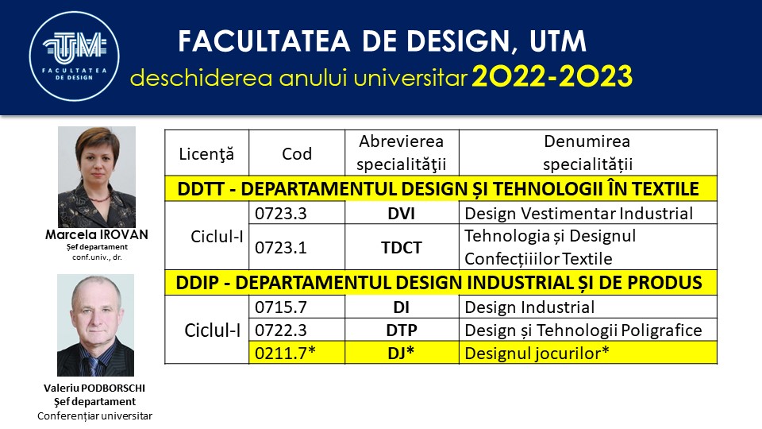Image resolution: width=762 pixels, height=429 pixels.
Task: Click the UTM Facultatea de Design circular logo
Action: click(75, 56)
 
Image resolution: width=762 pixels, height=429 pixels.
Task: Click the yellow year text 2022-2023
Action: click(552, 76)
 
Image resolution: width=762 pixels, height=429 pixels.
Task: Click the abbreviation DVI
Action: click(402, 214)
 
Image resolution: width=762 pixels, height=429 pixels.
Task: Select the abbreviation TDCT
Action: click(402, 248)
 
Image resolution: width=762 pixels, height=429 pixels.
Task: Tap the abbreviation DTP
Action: click(402, 330)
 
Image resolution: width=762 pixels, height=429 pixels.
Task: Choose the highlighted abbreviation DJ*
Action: click(401, 353)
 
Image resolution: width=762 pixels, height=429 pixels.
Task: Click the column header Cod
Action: click(297, 153)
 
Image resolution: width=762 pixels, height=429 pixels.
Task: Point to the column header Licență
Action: click(206, 154)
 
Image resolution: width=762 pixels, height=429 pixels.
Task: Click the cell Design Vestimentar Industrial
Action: click(579, 214)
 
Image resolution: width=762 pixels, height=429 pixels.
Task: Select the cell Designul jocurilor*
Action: click(537, 353)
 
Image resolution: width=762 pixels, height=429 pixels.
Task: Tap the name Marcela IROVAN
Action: click(97, 234)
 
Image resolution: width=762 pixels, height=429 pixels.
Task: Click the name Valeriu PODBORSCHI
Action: click(94, 388)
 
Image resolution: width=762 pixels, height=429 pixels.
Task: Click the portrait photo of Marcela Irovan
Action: click(97, 177)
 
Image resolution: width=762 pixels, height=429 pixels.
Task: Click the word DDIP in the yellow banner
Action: click(197, 283)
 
